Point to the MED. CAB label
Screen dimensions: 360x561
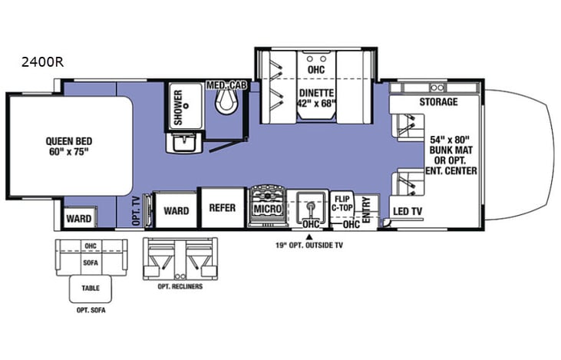[226, 85]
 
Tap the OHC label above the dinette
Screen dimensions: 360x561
[315, 70]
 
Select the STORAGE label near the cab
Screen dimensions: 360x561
[437, 102]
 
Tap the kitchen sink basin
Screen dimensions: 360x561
[310, 206]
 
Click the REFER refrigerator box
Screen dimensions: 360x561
[221, 206]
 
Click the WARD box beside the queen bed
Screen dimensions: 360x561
[78, 219]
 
